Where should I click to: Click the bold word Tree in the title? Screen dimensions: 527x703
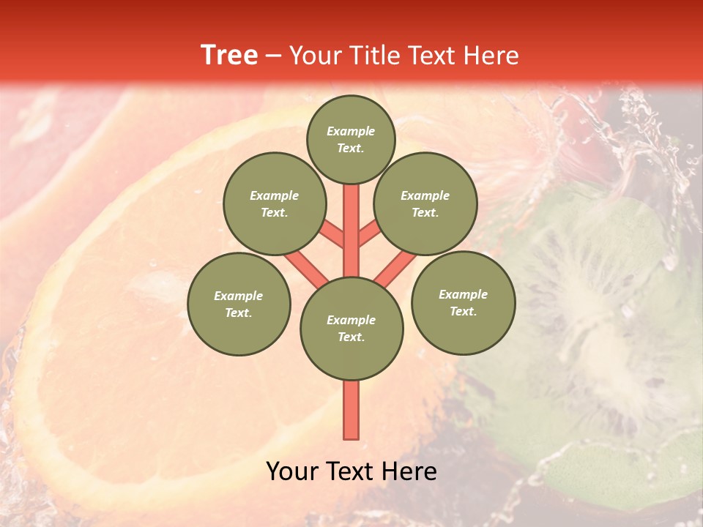tap(229, 55)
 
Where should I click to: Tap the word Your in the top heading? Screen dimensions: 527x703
tap(314, 56)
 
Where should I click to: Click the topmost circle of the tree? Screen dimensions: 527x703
tap(351, 139)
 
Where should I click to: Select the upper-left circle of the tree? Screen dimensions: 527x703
tap(275, 203)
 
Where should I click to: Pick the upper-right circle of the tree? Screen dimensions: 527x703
tap(425, 203)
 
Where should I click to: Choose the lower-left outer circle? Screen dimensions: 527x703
tap(239, 304)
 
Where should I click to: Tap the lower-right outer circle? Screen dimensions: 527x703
tap(464, 302)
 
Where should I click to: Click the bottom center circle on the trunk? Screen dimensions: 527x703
tap(351, 329)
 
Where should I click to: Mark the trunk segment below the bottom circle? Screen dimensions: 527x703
tap(351, 410)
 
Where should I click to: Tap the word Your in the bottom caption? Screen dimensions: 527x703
tap(292, 471)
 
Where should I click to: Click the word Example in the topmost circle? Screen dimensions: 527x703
tap(351, 131)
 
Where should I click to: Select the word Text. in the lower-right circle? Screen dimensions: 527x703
tap(463, 311)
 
